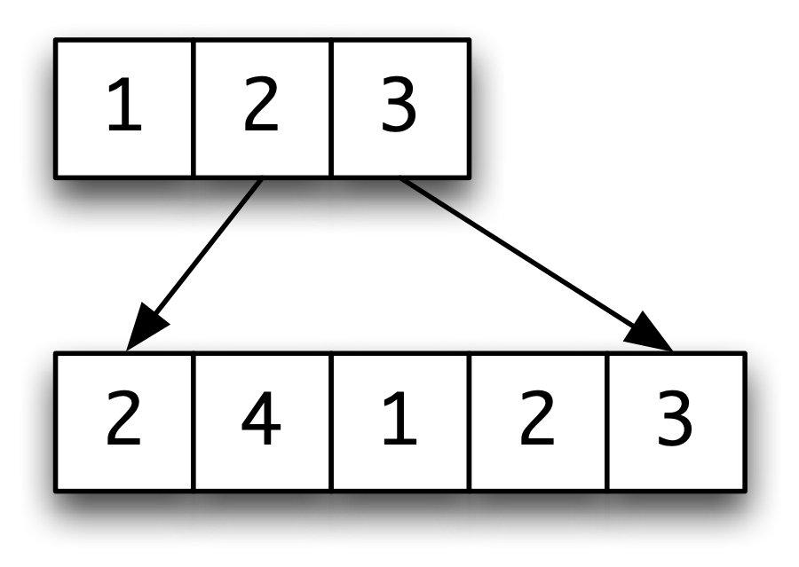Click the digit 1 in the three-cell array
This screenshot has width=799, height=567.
124,105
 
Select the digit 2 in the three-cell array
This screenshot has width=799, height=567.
261,105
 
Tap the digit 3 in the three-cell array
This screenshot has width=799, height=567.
399,105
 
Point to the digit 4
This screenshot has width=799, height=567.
261,418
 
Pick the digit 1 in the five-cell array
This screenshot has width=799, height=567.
400,418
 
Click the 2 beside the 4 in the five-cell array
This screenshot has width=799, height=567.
123,418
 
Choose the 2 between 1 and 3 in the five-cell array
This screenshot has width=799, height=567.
537,418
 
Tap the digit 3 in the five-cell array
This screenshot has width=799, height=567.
675,418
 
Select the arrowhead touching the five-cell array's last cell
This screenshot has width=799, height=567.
650,333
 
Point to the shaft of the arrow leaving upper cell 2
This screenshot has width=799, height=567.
208,246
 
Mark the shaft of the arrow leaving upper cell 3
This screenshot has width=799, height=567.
518,253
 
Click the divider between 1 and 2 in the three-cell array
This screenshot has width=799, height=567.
194,108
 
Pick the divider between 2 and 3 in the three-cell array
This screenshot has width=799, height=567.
331,108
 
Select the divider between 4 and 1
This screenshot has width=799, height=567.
331,421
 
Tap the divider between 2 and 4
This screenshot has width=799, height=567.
194,421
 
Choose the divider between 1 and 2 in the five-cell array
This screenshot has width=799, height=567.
470,421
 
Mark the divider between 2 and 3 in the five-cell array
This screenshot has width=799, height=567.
607,421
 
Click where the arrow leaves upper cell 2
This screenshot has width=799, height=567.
263,179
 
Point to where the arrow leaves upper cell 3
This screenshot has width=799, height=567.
401,179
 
